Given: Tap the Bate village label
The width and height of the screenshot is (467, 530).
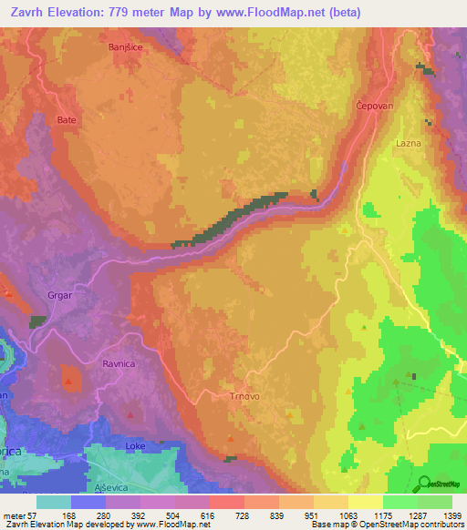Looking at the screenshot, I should coord(67,119).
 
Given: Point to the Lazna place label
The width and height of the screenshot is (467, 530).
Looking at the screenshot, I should coord(408,143).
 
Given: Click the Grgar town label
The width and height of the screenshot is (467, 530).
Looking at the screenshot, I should coord(59,294).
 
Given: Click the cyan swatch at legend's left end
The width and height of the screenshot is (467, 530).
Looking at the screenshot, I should coord(54,502).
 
